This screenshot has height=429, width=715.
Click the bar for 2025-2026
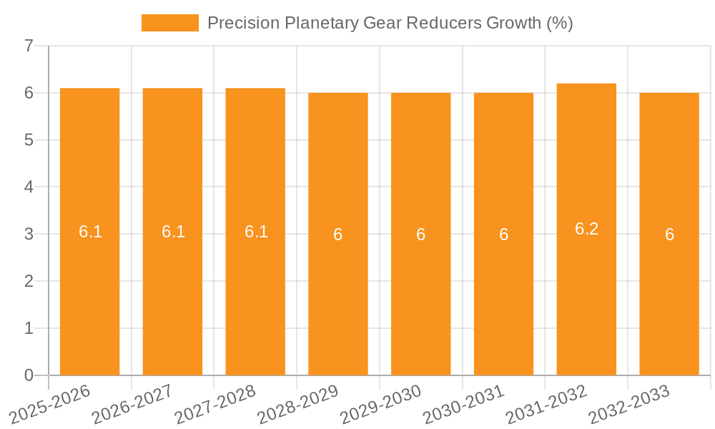[89, 286]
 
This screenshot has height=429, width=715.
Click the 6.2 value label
[586, 229]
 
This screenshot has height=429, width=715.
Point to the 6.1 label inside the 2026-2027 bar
[173, 232]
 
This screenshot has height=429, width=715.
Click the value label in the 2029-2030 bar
[420, 235]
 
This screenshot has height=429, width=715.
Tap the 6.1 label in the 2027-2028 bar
[256, 232]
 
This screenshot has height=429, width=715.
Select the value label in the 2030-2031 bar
[503, 235]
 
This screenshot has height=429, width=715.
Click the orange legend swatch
[169, 23]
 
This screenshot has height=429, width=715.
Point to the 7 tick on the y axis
[29, 46]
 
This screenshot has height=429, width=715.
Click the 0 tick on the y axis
[29, 375]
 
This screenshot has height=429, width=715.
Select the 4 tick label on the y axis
[29, 187]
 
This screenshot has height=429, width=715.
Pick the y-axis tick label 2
[29, 281]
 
